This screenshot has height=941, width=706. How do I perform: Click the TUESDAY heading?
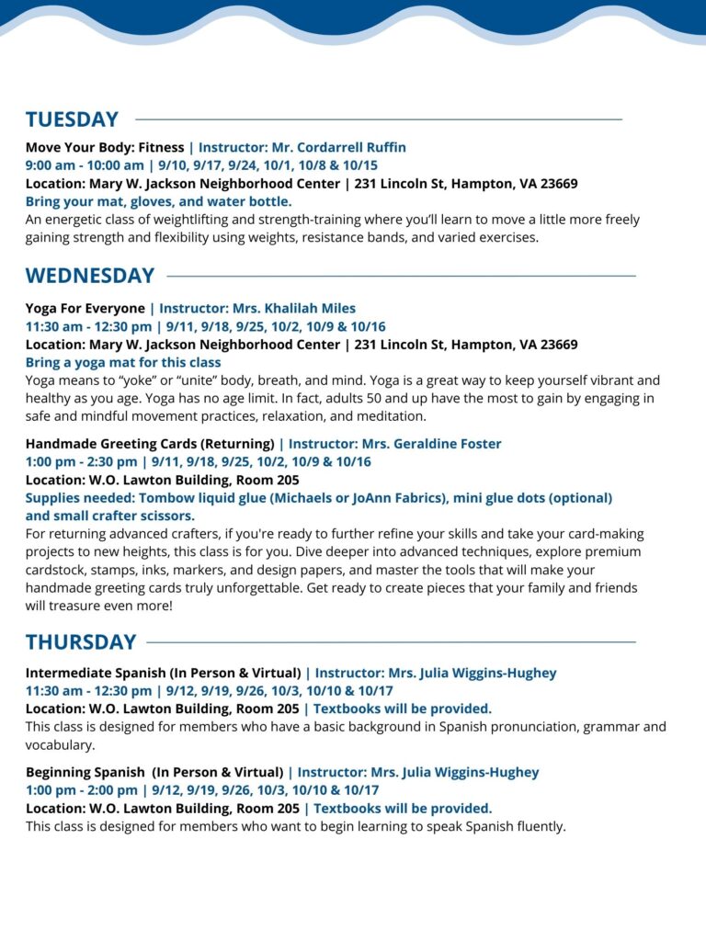(x=72, y=119)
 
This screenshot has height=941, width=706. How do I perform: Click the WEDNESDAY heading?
(x=89, y=276)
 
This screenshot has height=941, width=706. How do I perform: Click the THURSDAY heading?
(x=81, y=641)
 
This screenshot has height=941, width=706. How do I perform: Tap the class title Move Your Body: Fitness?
(x=105, y=147)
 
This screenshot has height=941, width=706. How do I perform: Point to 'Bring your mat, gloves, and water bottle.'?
(x=158, y=201)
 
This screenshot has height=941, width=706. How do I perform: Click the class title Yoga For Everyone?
(x=85, y=308)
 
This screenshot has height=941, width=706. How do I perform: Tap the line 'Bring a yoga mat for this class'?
(x=123, y=362)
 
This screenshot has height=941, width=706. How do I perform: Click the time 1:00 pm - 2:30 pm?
(x=81, y=461)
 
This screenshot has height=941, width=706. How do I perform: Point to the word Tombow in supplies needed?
(x=164, y=498)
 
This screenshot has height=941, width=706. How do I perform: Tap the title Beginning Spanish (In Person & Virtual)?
(x=154, y=772)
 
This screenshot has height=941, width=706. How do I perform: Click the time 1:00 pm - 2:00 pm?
(x=81, y=790)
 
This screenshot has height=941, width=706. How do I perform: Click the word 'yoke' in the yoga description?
(x=138, y=380)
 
